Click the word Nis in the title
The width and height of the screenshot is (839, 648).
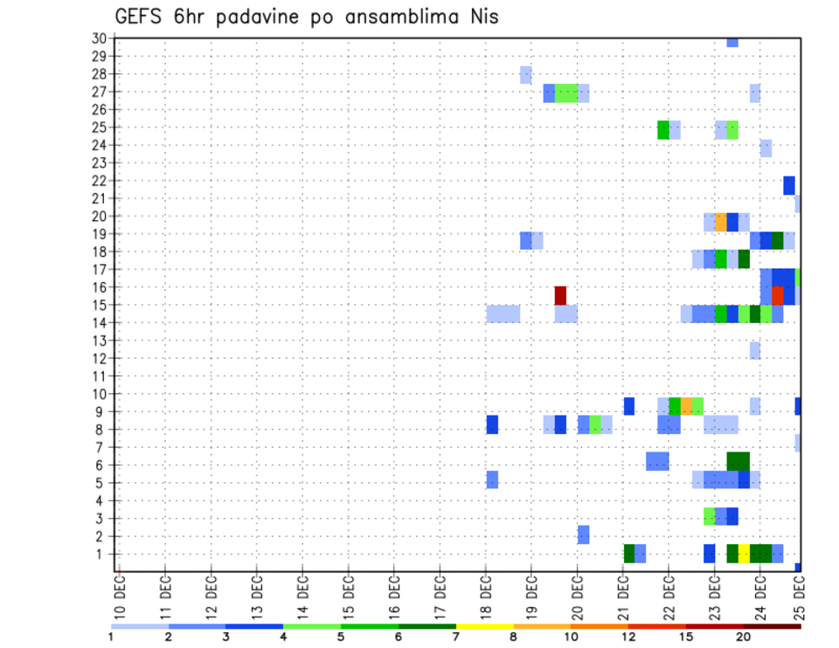pyautogui.click(x=481, y=16)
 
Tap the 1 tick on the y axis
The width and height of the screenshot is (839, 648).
pyautogui.click(x=101, y=554)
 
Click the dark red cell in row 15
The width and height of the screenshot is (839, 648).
pyautogui.click(x=560, y=295)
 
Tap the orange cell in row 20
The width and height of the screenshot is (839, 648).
pyautogui.click(x=721, y=222)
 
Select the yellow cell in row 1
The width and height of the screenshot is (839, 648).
pyautogui.click(x=744, y=554)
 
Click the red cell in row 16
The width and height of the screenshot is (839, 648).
pyautogui.click(x=778, y=295)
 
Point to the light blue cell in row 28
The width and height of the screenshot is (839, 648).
pyautogui.click(x=525, y=74)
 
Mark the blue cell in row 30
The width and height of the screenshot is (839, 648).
pyautogui.click(x=732, y=42)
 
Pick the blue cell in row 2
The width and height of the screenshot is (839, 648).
pyautogui.click(x=583, y=534)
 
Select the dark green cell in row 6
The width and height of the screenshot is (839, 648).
pyautogui.click(x=738, y=460)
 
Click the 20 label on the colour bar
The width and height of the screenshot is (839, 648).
pyautogui.click(x=744, y=637)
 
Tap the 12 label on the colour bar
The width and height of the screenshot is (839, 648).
pyautogui.click(x=628, y=637)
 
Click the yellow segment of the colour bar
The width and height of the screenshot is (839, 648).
pyautogui.click(x=485, y=626)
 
